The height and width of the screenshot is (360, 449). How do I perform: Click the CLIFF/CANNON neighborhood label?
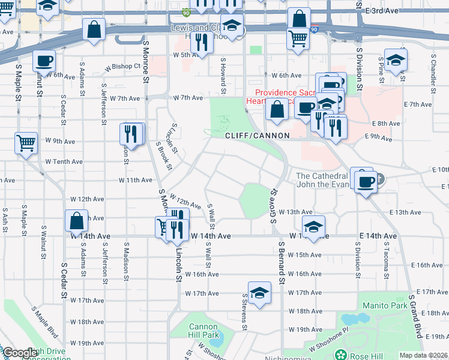pos(257,136)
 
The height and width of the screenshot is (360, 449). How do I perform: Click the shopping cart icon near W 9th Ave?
pos(26,143)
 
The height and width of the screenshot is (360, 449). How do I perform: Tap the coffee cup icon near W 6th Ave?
pos(43,61)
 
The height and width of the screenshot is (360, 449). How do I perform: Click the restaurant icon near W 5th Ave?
pos(202,42)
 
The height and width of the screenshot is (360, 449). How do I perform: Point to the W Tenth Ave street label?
pos(64,161)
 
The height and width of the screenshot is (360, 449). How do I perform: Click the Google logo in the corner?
pos(19,353)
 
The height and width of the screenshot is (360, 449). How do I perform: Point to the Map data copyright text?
pos(423,355)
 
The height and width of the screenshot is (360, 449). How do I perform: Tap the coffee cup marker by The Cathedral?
pos(365,181)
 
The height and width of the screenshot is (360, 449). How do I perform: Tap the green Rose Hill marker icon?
pos(340,355)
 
